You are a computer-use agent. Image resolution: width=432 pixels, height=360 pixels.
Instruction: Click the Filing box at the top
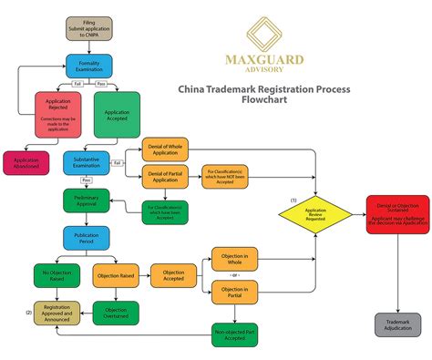(x=89, y=28)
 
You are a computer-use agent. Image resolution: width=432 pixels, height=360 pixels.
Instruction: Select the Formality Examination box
(x=89, y=66)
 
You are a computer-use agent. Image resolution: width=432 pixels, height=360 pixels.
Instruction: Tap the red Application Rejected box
(x=58, y=115)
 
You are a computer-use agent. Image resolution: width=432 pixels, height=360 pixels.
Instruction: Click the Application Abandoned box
(x=27, y=164)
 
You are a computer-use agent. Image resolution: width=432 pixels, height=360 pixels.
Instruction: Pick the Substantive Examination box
(x=87, y=163)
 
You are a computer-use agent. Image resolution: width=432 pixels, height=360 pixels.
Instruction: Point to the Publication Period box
(x=87, y=239)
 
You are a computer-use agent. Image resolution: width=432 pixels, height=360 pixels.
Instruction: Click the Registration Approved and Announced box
(x=57, y=313)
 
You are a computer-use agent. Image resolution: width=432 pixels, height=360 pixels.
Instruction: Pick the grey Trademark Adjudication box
(x=397, y=324)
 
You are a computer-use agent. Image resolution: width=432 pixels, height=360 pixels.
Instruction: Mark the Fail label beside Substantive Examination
(x=117, y=163)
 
